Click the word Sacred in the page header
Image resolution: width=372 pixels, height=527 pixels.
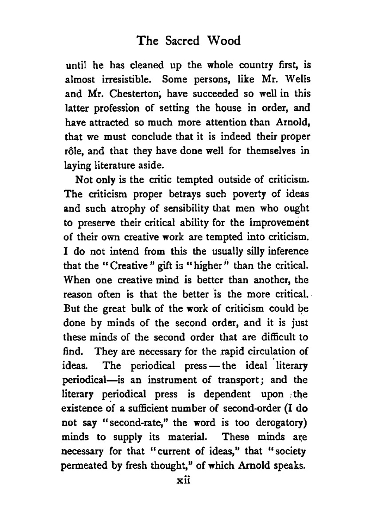182,41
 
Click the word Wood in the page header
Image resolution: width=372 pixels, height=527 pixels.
224,41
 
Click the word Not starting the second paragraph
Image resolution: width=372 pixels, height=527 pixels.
84,180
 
